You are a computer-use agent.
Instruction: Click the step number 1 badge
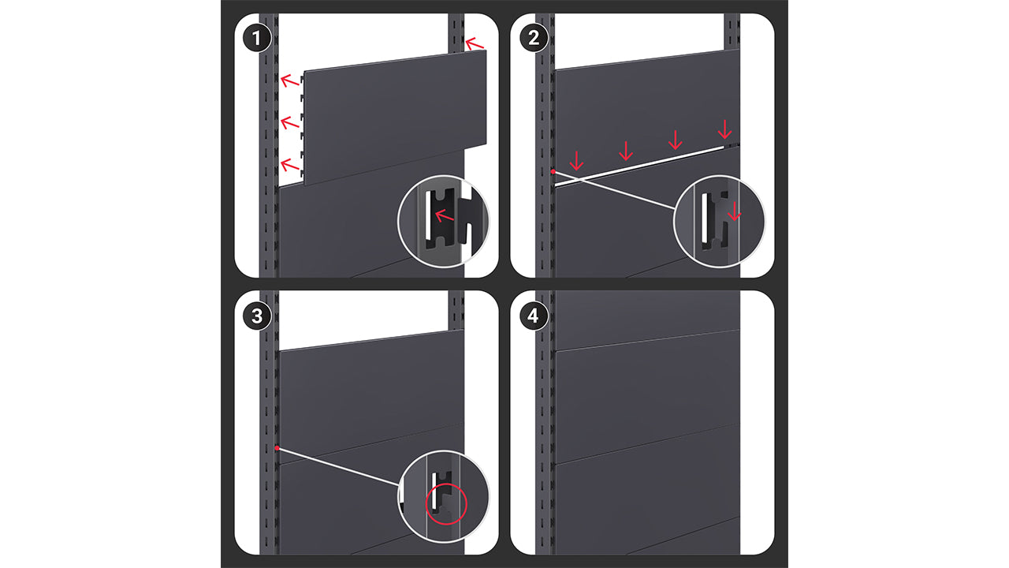coord(257,38)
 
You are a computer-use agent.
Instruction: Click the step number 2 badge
coord(534,38)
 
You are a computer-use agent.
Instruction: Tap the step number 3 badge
coord(257,316)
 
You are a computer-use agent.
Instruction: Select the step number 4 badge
coord(534,316)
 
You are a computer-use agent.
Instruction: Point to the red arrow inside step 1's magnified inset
coord(444,215)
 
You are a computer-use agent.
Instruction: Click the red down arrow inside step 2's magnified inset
coord(734,211)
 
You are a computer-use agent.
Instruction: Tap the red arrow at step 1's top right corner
coord(474,43)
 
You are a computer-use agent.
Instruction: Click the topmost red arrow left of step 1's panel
coord(289,80)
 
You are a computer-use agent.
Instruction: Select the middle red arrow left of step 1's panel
coord(289,122)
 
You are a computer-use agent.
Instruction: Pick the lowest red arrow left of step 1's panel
coord(289,165)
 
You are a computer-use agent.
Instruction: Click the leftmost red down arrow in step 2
coord(576,161)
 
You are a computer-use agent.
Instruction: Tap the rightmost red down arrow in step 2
coord(724,129)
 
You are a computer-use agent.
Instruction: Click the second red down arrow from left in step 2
coord(626,151)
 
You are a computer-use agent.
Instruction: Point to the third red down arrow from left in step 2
coord(676,140)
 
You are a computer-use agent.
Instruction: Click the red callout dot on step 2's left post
coord(553,172)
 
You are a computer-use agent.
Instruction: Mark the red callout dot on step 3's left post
coord(277,448)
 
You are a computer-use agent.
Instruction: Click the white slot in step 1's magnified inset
coord(427,215)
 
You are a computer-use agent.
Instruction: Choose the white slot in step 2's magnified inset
coord(705,217)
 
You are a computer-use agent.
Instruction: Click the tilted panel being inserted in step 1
coord(395,118)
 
